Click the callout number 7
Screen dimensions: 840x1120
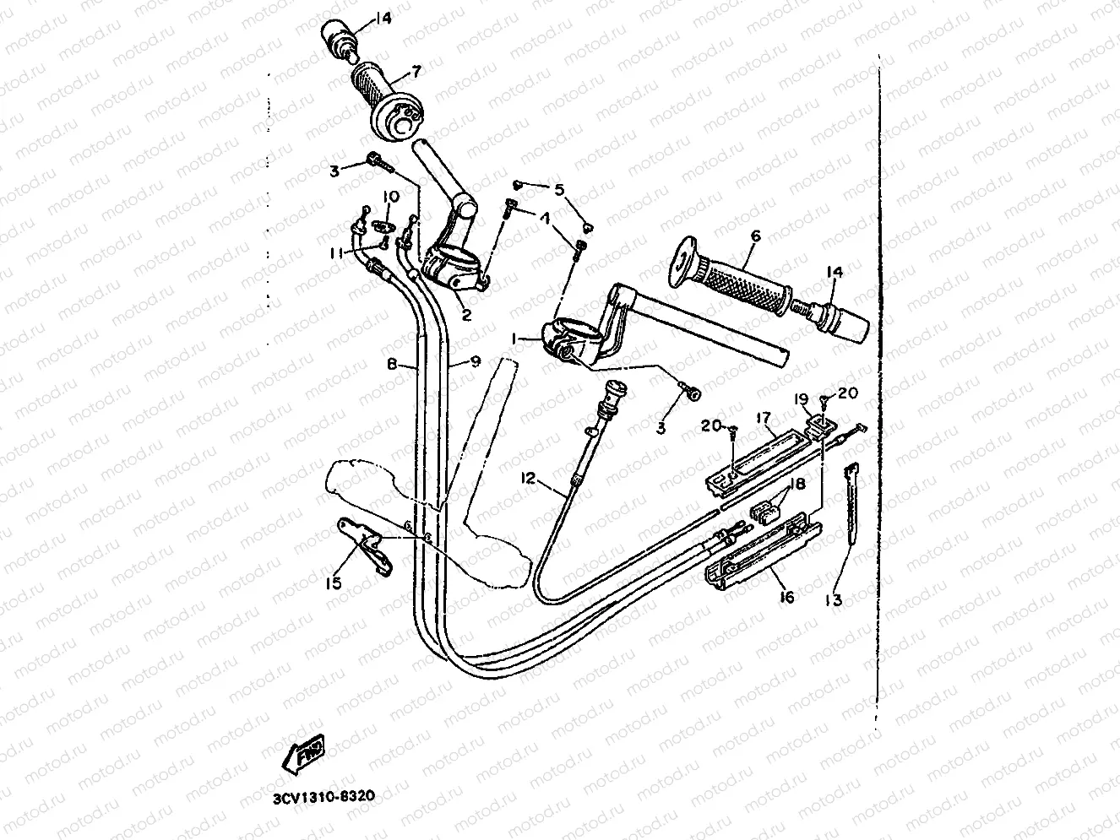coord(416,71)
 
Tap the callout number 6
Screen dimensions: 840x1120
coord(754,236)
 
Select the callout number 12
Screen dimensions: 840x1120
coord(529,479)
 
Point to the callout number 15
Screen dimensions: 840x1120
coord(334,583)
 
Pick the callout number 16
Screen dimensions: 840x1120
coord(786,597)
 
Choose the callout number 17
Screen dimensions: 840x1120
coord(763,417)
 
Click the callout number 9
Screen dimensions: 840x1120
coord(476,361)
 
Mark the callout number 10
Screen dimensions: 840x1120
coord(389,197)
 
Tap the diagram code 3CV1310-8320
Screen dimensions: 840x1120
coord(323,796)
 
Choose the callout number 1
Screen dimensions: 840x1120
coord(513,338)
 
